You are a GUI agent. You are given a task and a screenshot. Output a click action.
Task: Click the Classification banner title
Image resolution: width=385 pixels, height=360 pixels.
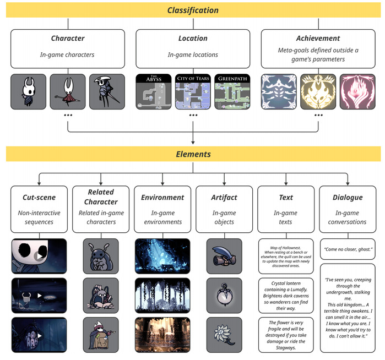coord(193,10)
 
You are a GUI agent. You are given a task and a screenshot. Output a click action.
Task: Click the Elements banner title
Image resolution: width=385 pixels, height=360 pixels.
coord(193,155)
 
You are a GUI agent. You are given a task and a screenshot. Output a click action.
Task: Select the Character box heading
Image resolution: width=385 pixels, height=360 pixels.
coord(68,39)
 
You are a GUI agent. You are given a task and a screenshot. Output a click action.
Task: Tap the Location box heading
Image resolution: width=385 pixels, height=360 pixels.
coord(193,39)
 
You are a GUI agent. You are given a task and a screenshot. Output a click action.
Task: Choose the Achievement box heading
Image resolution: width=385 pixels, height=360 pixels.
coord(318,39)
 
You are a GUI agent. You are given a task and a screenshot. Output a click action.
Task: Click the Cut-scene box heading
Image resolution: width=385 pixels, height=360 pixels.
coord(39,197)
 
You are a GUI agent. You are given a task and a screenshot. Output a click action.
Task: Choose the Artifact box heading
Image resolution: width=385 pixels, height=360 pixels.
coord(224,197)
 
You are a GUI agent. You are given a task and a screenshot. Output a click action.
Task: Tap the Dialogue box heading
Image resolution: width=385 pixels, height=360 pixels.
coord(347,197)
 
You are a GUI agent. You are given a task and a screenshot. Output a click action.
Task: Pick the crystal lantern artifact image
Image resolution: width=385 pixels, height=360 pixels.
coord(224,294)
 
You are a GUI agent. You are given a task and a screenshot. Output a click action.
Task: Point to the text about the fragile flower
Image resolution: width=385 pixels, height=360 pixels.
coord(286,335)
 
